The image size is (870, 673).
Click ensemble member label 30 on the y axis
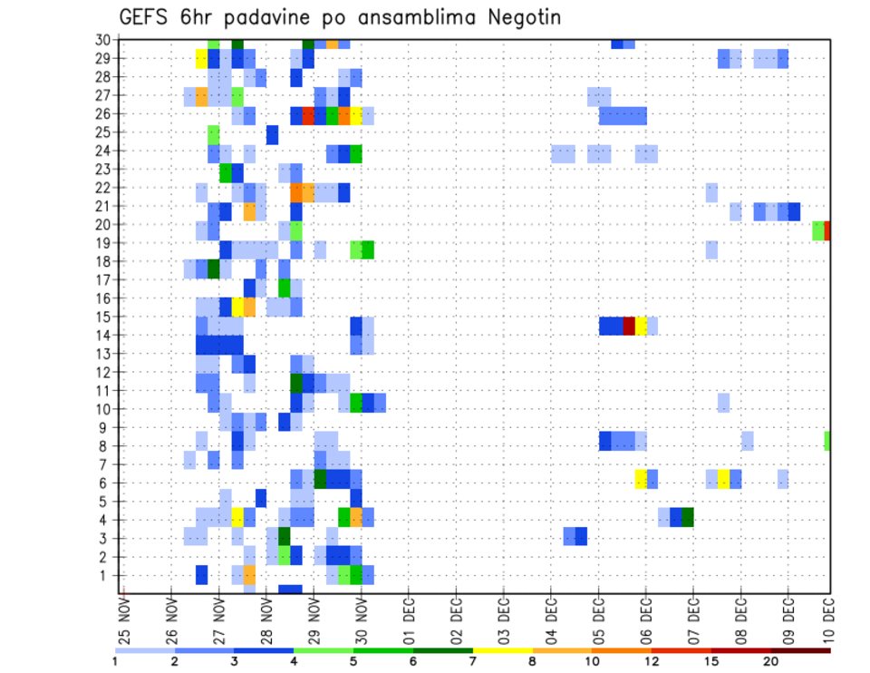coord(103,39)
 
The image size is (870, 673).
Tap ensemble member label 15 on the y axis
coord(103,317)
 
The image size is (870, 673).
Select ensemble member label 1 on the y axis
coord(107,575)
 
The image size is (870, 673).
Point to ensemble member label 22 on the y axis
coord(103,187)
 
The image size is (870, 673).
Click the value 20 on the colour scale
coord(771,660)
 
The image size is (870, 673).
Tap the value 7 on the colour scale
coord(472,660)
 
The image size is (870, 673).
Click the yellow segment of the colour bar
coord(502,649)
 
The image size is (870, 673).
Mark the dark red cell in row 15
coord(629,326)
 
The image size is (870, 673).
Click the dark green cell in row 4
coord(688,517)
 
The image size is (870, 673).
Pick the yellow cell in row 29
coord(202,59)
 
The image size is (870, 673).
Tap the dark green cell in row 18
coord(214,269)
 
